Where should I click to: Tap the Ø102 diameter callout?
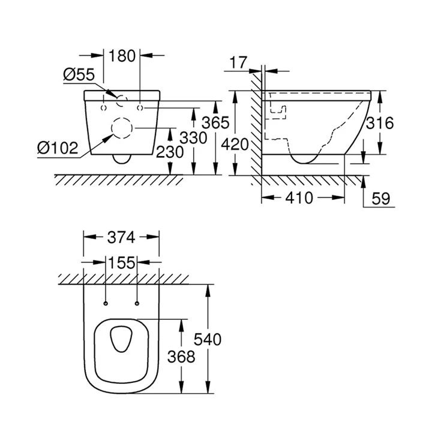tap(57, 147)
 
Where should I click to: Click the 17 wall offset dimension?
tap(238, 61)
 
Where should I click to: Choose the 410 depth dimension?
tap(298, 197)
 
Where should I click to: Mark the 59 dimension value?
tap(381, 199)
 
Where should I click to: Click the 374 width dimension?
tap(121, 238)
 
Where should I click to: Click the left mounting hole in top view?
tap(105, 302)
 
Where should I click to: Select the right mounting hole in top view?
tap(137, 302)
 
